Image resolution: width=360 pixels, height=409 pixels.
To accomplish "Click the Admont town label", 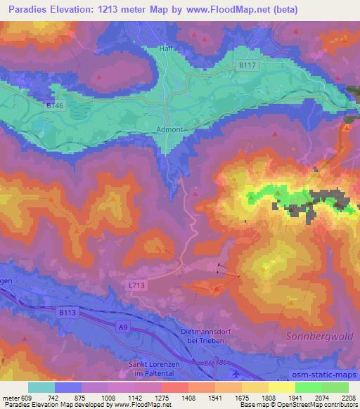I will click(x=172, y=130).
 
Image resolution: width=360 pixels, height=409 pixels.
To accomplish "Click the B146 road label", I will click(x=56, y=106).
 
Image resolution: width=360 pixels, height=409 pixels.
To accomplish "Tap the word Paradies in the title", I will click(x=25, y=10).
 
